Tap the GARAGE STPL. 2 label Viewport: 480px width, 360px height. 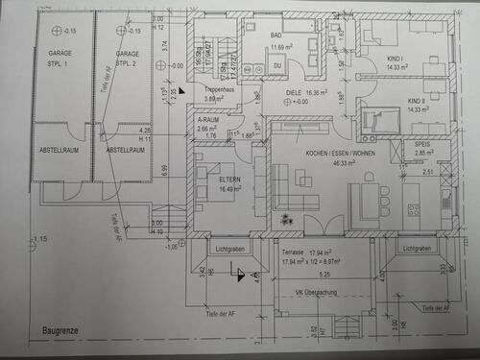(128, 59)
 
